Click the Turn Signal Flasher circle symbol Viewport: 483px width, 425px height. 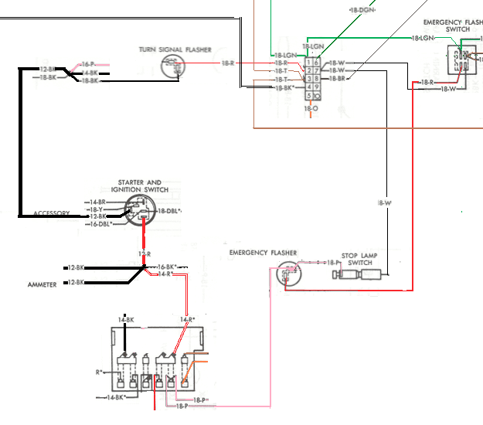click(x=173, y=66)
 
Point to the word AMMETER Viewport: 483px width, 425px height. click(x=41, y=284)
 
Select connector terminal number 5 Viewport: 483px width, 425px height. click(x=309, y=97)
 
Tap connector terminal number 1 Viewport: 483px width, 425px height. click(x=309, y=62)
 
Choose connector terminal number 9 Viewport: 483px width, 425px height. click(x=317, y=87)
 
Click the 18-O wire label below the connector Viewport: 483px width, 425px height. click(x=311, y=109)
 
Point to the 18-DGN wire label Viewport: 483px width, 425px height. click(x=362, y=11)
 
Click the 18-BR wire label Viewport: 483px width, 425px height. click(x=337, y=79)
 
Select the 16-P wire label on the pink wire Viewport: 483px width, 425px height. click(x=88, y=63)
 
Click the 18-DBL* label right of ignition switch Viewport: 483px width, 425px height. click(x=169, y=211)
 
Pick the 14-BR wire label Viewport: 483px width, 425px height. click(x=97, y=202)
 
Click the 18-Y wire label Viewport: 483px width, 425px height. click(x=96, y=209)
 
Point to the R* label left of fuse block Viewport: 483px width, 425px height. click(x=100, y=372)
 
